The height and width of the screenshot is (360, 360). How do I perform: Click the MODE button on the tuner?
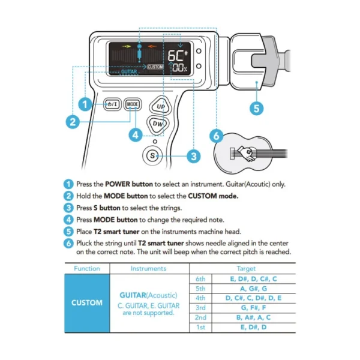pyautogui.click(x=133, y=104)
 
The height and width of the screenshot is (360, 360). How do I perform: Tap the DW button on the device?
pyautogui.click(x=158, y=124)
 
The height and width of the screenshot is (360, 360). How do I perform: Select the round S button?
pyautogui.click(x=152, y=156)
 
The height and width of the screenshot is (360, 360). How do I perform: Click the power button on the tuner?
pyautogui.click(x=112, y=104)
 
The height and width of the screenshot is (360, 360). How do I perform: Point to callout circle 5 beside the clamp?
pyautogui.click(x=256, y=108)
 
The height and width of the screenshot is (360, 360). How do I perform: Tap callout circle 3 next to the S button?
pyautogui.click(x=192, y=156)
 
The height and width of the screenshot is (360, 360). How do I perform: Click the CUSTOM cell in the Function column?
pyautogui.click(x=87, y=303)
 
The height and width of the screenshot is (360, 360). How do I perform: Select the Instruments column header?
pyautogui.click(x=148, y=268)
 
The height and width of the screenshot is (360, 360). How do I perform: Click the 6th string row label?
pyautogui.click(x=200, y=280)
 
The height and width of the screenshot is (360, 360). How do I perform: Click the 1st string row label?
pyautogui.click(x=200, y=327)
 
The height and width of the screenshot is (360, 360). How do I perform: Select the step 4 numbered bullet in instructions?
pyautogui.click(x=69, y=219)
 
